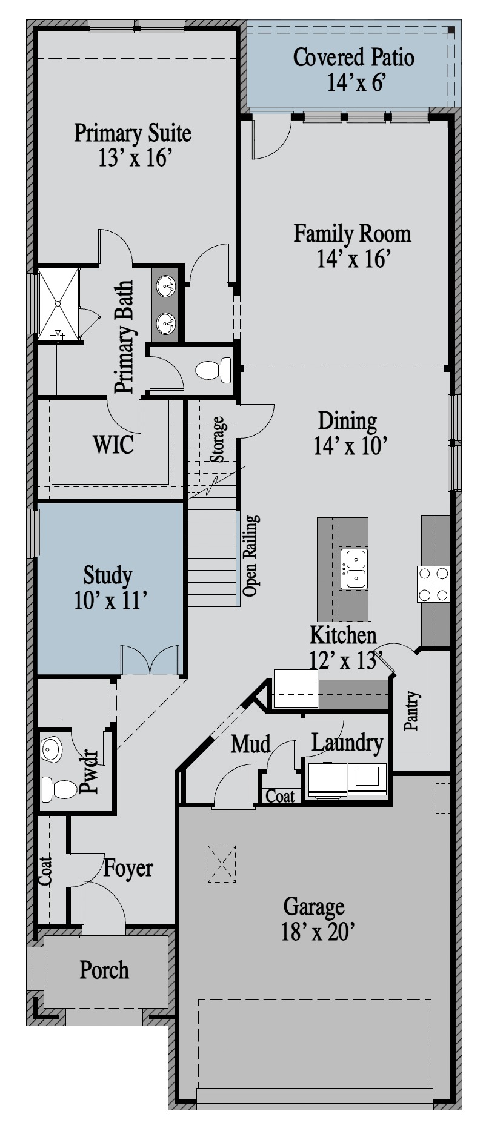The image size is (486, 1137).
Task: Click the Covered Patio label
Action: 354,58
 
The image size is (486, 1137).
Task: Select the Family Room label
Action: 352,233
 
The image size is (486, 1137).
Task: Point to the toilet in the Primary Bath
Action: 214,370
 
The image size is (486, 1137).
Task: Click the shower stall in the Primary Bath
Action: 59,303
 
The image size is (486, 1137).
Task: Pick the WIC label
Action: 113,445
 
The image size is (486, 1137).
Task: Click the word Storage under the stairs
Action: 217,439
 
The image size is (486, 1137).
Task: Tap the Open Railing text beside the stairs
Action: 251,556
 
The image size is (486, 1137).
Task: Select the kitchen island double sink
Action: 354,569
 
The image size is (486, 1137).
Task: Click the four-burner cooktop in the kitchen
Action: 433,583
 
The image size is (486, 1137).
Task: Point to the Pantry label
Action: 411,711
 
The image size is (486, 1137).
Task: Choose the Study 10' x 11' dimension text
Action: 110,600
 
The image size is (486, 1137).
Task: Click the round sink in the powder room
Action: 51,750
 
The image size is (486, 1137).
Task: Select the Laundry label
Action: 347,742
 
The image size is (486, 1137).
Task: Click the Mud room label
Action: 250,744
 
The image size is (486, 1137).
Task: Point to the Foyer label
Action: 128,869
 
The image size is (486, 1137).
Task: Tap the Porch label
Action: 104,970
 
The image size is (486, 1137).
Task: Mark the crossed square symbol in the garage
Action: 222,864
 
